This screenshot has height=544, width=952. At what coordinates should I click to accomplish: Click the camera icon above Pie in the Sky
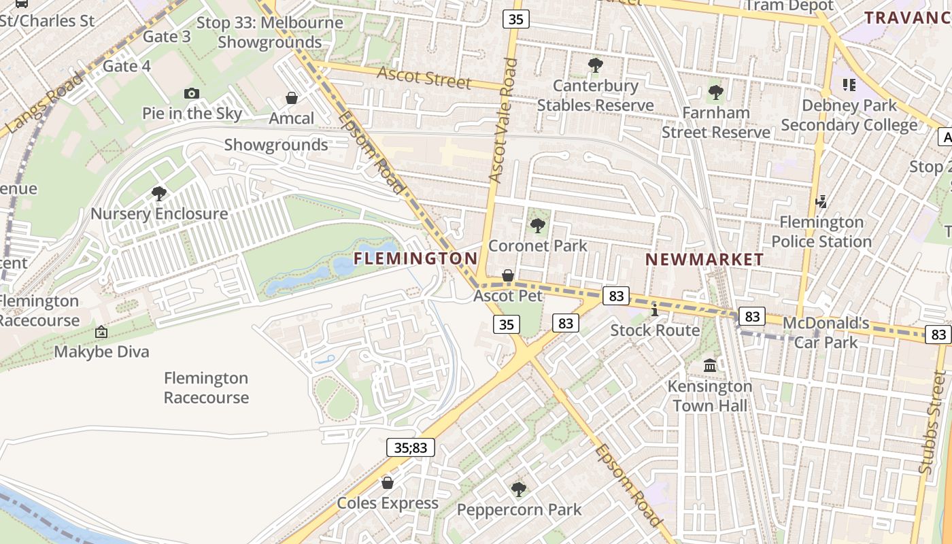[192, 93]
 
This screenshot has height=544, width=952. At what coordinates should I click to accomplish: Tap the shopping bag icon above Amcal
[292, 98]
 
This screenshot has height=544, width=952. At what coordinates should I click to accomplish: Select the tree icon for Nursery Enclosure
[159, 194]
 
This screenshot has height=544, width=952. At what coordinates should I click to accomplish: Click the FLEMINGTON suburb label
[415, 258]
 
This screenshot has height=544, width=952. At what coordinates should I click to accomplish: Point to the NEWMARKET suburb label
[704, 259]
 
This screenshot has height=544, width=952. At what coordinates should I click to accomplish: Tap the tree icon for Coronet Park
[537, 225]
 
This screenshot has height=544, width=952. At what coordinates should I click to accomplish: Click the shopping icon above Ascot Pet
[507, 275]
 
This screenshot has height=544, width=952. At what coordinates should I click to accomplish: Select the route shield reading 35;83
[411, 447]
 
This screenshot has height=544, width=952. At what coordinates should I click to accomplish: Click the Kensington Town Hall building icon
[710, 366]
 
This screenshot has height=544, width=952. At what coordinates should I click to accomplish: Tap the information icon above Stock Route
[654, 310]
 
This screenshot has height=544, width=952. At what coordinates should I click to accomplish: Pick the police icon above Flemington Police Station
[821, 201]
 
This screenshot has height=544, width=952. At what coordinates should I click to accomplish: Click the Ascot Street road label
[424, 78]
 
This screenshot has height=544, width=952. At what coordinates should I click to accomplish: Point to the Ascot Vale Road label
[503, 121]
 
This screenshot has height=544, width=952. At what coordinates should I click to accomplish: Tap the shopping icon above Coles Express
[388, 483]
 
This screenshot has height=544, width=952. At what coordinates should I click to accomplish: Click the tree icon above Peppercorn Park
[519, 489]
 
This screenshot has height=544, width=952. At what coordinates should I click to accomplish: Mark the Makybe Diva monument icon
[101, 332]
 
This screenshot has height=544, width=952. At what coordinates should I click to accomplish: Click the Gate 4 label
[126, 66]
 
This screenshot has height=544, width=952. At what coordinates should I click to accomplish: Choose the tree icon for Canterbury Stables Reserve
[596, 65]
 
